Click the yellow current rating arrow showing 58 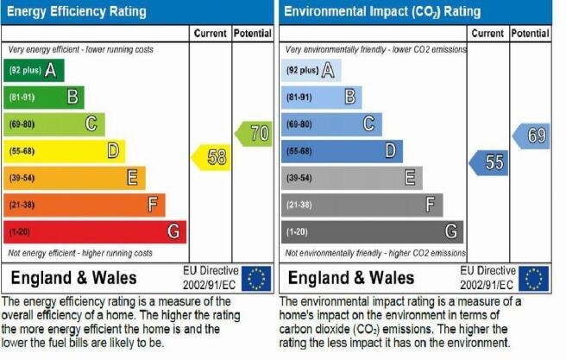tap(211, 157)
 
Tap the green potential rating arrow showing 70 tap(254, 134)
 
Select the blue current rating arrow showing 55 tap(488, 163)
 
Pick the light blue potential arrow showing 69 tap(531, 136)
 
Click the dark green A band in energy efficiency tap(34, 71)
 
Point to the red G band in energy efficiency tap(95, 232)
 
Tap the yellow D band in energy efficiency tap(65, 151)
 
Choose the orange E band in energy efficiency tap(75, 178)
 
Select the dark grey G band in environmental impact tap(372, 232)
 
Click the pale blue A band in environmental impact tap(311, 71)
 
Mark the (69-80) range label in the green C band tap(22, 124)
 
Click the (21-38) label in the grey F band tap(299, 205)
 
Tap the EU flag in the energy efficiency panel tap(256, 278)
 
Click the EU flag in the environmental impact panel tap(534, 278)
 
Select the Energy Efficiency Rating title tap(77, 11)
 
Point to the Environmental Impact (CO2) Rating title tap(382, 11)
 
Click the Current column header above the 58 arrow tap(210, 34)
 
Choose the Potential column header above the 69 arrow tap(531, 34)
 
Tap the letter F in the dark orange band tap(153, 205)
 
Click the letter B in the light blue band tap(350, 97)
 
